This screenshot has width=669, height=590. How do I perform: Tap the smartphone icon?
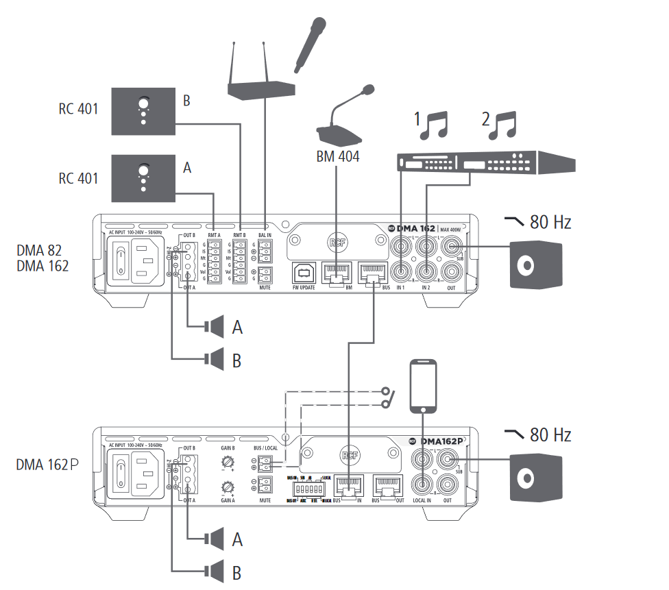[423, 386]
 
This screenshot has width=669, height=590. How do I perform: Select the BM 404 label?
[337, 156]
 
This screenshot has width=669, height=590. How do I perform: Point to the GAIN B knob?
[227, 464]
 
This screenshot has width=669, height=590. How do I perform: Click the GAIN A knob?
[227, 488]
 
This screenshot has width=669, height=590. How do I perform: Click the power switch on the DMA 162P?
[122, 473]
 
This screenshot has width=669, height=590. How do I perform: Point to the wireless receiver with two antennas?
[261, 88]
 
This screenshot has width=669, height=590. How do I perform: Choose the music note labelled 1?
[434, 125]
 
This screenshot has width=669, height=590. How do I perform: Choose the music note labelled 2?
[504, 125]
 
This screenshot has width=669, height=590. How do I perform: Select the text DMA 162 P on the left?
[47, 465]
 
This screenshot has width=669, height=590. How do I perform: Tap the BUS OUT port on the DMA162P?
[385, 487]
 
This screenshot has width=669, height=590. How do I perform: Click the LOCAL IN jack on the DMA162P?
[422, 484]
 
